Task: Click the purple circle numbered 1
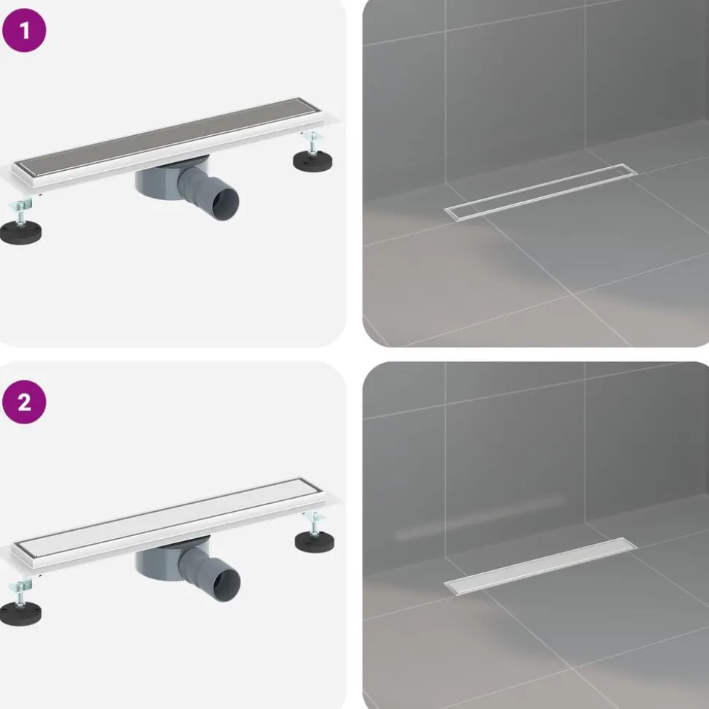click(x=24, y=30)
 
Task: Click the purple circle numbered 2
click(x=24, y=402)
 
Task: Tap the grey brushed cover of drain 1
click(x=167, y=136)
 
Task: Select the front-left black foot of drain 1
click(x=20, y=232)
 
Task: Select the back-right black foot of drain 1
click(x=312, y=161)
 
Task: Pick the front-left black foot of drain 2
click(x=20, y=613)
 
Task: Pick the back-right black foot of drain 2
click(x=314, y=541)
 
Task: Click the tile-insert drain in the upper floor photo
click(x=541, y=192)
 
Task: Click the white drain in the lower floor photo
click(x=541, y=566)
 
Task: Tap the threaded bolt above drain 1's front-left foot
click(x=20, y=213)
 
